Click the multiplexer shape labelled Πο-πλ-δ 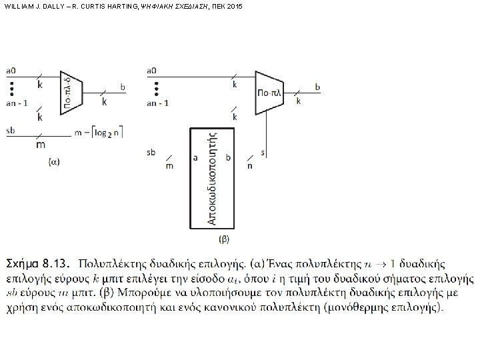tap(70, 89)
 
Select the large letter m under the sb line tap(41, 144)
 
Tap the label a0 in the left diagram tap(11, 70)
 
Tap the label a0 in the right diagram tap(151, 70)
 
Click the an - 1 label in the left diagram tap(17, 103)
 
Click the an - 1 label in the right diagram tap(157, 103)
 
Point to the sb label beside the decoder tap(151, 153)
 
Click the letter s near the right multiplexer tap(263, 153)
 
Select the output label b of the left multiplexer tap(121, 87)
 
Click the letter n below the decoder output tap(250, 165)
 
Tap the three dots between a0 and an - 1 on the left tap(11, 87)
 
